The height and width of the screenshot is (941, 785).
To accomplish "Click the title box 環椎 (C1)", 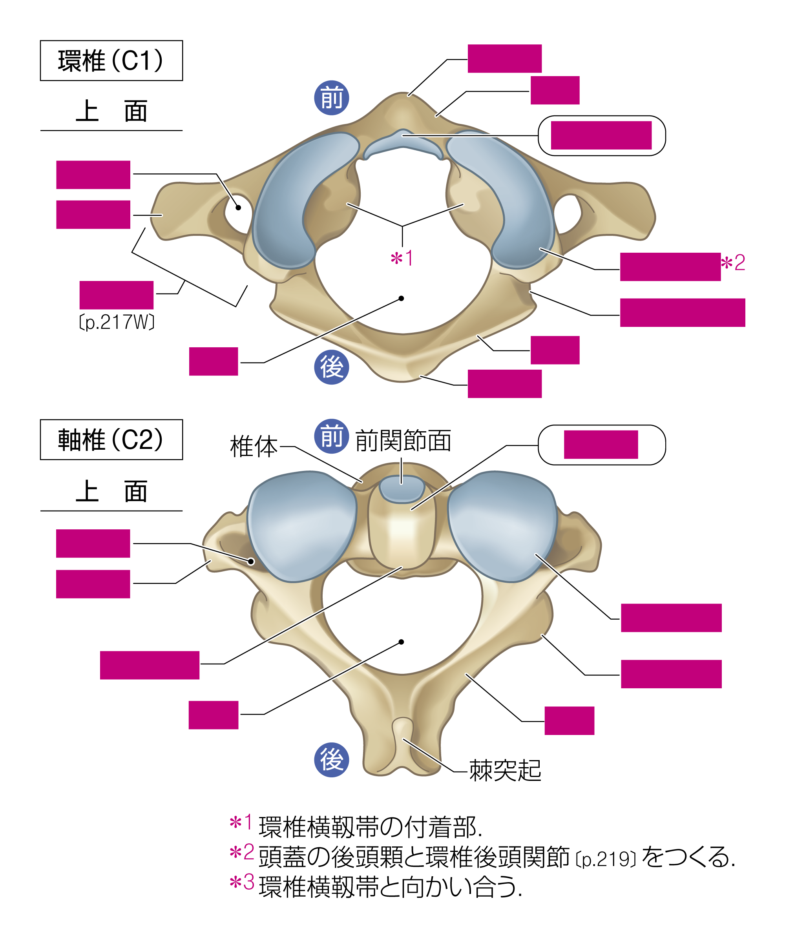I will pos(111,60).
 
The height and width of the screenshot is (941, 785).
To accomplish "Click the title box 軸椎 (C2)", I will pos(111,439).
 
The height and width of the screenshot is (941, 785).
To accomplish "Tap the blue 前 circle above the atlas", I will pos(331,98).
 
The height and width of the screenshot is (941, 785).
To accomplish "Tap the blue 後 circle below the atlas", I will pos(331,367).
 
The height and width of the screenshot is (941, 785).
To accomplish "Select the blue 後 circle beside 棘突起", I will pos(331,760).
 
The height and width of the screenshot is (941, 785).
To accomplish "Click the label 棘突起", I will pos(505,770).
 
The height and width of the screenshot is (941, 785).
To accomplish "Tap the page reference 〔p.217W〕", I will pos(117,322).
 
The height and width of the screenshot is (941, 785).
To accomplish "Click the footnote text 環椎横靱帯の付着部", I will pos(370,827).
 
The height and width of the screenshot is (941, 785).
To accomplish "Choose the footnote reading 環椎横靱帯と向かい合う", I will pos(390,887).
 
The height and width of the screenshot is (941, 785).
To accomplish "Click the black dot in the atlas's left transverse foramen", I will pos(238,208).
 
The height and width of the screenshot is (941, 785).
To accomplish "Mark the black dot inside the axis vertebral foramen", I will pos(401,642).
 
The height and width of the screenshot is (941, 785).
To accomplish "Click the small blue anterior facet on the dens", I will pos(402,489).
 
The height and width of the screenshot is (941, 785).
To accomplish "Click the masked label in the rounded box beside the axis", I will pos(601,445).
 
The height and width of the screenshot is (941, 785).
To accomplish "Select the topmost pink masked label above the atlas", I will pos(504,58).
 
